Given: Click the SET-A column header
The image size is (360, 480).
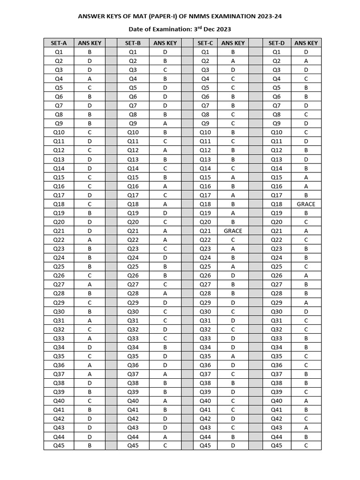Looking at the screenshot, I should click(59, 43).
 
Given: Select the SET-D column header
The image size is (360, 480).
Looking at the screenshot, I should click(277, 43).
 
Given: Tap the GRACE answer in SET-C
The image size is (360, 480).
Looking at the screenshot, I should click(233, 231).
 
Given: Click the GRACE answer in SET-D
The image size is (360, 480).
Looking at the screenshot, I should click(306, 204).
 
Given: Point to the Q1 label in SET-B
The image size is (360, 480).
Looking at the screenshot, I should click(133, 52).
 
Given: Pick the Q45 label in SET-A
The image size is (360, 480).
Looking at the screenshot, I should click(59, 446).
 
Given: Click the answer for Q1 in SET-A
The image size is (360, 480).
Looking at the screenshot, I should click(90, 52).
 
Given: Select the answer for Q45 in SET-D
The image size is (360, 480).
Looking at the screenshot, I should click(306, 446).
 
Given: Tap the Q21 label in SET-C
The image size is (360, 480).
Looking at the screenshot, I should click(205, 231).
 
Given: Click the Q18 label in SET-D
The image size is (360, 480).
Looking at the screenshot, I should click(277, 204).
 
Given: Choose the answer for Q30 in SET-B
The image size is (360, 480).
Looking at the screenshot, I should click(165, 312).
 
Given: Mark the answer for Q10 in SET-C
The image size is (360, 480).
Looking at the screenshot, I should click(233, 133).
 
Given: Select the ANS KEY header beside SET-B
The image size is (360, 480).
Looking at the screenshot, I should click(165, 43).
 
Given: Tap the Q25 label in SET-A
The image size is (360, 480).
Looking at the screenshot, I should click(59, 267).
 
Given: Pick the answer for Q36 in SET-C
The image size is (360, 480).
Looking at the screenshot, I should click(233, 365).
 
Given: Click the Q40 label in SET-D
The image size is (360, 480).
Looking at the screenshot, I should click(277, 401).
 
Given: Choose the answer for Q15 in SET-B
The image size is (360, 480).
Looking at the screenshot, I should click(165, 177).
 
